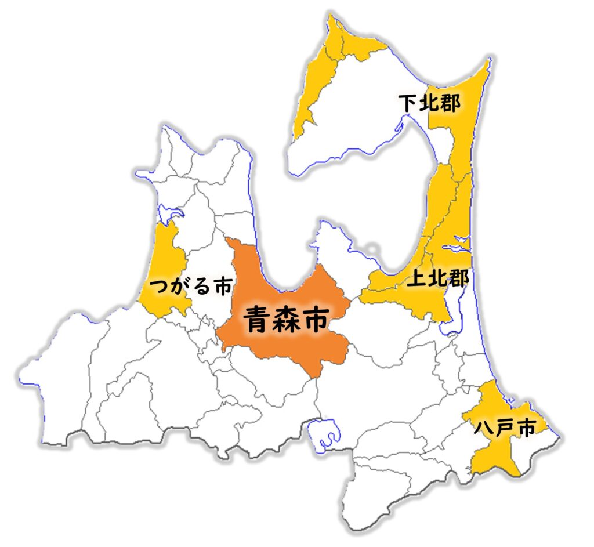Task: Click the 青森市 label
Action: coord(286,320)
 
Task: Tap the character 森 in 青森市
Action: coord(287,320)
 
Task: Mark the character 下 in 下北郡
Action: coord(408,104)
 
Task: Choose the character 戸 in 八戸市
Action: coord(504,428)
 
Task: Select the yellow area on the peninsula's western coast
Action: coord(310,87)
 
